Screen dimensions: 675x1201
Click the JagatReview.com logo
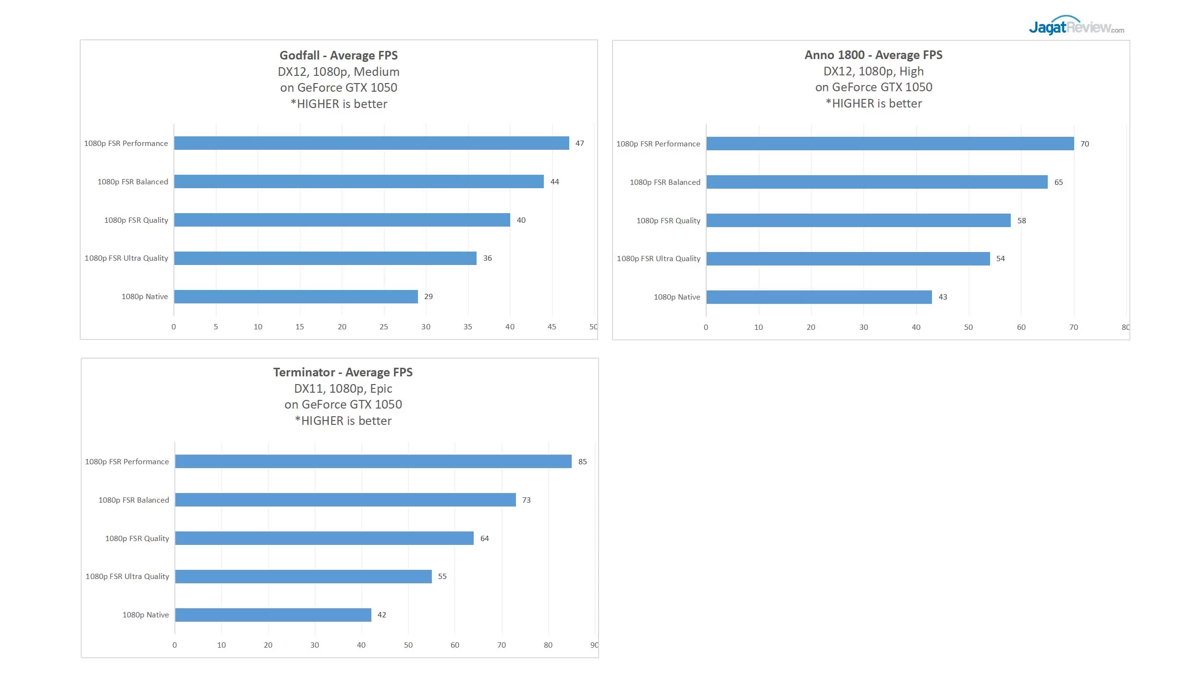point(1076,26)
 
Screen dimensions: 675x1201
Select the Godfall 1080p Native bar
point(295,297)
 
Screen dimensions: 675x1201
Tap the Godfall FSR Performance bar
point(371,143)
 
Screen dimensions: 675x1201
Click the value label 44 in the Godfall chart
point(554,181)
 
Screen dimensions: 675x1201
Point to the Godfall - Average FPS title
point(339,55)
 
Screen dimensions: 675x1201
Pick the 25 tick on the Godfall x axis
point(383,327)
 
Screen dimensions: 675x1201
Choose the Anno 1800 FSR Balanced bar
point(876,182)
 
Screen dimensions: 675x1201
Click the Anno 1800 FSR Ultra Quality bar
point(847,259)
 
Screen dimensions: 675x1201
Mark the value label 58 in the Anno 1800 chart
point(1021,221)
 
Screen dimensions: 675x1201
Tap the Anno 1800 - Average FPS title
point(873,55)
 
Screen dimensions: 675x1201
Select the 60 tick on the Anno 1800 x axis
point(1021,327)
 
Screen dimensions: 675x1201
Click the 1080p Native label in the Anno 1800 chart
point(676,297)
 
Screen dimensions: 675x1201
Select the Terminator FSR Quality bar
point(324,538)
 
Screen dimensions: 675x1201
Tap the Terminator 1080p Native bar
point(273,615)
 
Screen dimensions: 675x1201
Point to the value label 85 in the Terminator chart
point(582,462)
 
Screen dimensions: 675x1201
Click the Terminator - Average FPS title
point(343,372)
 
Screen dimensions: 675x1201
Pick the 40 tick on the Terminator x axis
point(361,645)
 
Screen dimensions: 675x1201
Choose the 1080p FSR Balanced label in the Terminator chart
point(134,500)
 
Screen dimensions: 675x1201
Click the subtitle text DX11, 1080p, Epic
point(343,388)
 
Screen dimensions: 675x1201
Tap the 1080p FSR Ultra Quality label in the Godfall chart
point(126,258)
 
